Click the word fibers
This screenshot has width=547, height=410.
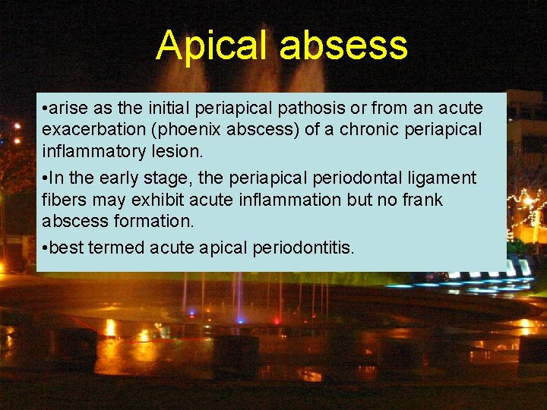click(x=63, y=200)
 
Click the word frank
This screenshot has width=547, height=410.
click(x=421, y=200)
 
